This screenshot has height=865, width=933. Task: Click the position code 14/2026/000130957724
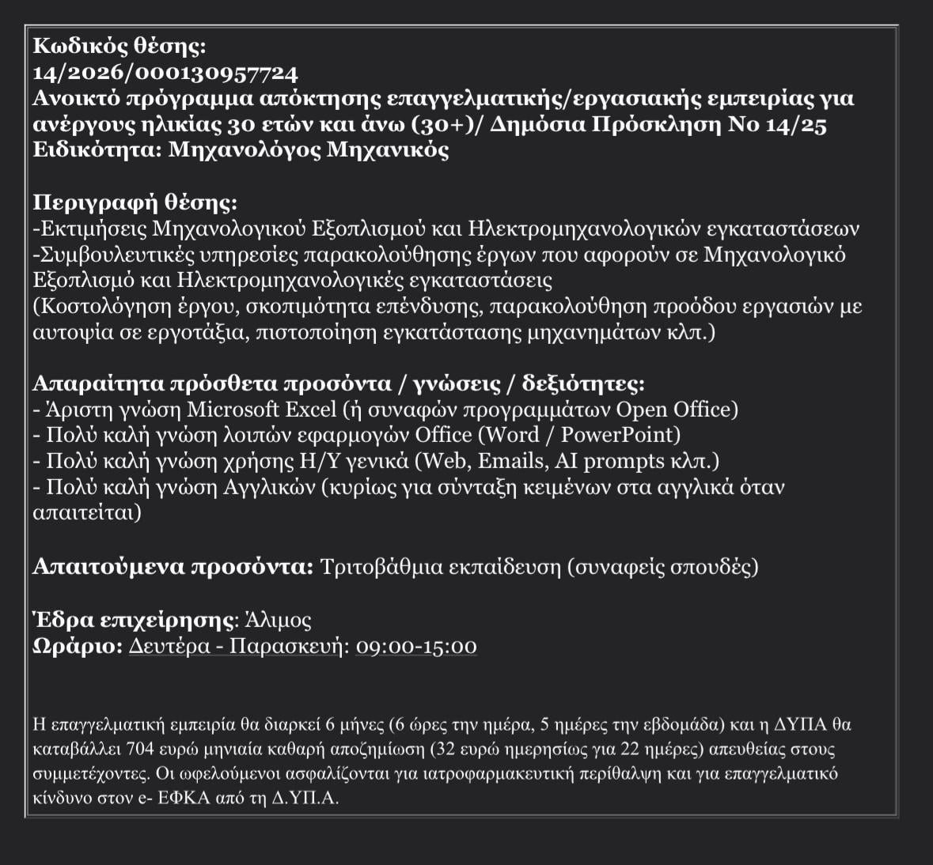pyautogui.click(x=165, y=74)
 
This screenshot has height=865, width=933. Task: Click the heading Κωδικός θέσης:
pyautogui.click(x=119, y=47)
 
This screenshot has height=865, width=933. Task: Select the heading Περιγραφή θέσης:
pyautogui.click(x=135, y=202)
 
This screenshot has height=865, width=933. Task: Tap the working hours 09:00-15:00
pyautogui.click(x=416, y=646)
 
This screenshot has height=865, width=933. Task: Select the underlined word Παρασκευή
pyautogui.click(x=286, y=646)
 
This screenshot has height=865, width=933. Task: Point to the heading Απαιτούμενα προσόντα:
pyautogui.click(x=173, y=567)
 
